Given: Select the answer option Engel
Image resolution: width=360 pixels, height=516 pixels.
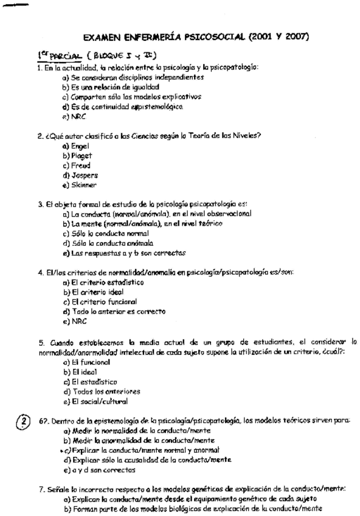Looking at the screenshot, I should click(x=79, y=146).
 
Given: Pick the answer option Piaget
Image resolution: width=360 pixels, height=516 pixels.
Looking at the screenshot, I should click(x=80, y=156).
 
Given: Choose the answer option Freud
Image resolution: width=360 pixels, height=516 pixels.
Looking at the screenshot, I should click(x=80, y=165).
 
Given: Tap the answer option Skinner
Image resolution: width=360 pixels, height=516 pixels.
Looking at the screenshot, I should click(x=83, y=184).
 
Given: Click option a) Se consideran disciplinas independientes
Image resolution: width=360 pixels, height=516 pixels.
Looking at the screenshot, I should click(x=128, y=78).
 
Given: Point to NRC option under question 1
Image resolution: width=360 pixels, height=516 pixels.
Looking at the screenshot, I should click(x=78, y=116).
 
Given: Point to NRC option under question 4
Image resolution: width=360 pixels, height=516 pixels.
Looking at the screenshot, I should click(x=78, y=321).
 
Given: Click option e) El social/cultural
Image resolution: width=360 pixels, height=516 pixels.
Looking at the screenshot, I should click(x=99, y=402).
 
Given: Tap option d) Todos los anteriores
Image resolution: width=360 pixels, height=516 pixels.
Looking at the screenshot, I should click(x=105, y=391).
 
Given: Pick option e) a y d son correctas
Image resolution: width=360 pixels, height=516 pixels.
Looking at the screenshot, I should click(x=99, y=470).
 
